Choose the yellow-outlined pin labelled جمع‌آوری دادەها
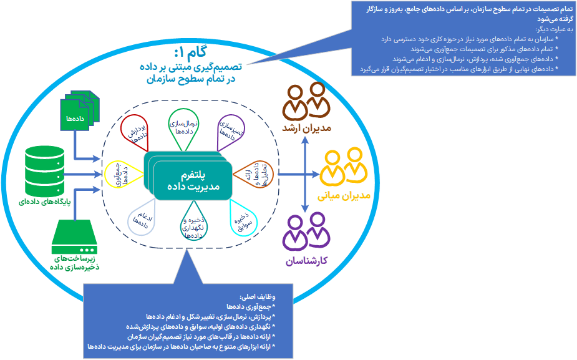pos(121,174)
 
